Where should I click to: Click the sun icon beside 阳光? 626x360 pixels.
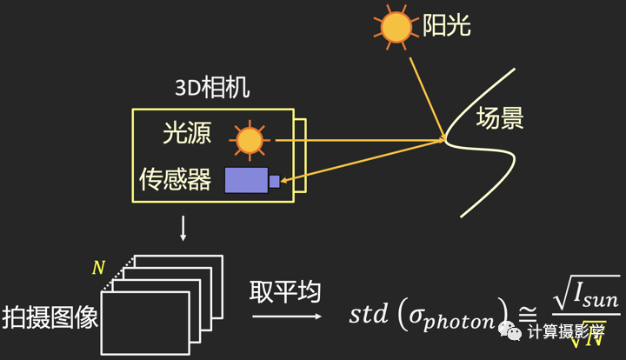coord(397,28)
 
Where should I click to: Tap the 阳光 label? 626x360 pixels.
coord(448,26)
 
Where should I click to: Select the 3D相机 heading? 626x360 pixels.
coord(211,89)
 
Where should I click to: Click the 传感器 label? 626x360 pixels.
coord(175,180)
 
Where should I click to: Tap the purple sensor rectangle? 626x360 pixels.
coord(247,180)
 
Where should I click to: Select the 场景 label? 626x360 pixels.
coord(500,119)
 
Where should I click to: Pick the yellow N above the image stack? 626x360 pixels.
coord(98,268)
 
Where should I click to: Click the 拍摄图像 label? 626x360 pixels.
coord(50,316)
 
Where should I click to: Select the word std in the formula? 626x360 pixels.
coord(368,314)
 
